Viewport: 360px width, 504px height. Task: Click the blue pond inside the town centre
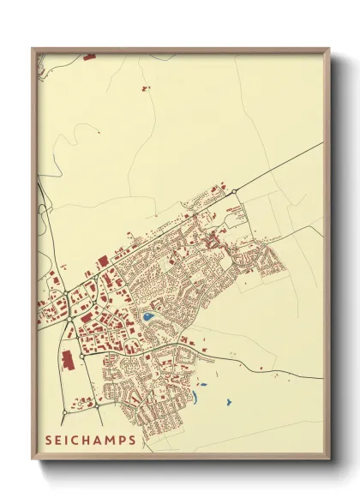click(147, 317)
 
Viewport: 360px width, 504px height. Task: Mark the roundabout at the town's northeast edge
click(234, 192)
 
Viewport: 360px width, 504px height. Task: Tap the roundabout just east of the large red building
click(81, 354)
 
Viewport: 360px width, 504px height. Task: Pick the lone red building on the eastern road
click(231, 353)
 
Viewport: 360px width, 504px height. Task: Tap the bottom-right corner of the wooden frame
click(329, 459)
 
